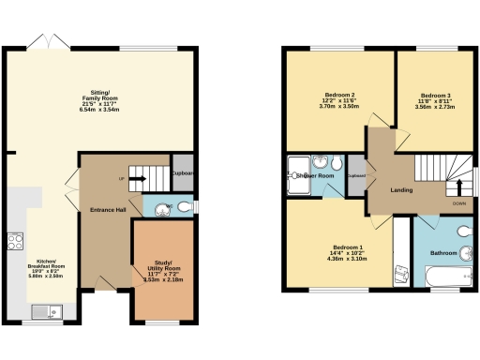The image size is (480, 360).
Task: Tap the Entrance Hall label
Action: [109, 209]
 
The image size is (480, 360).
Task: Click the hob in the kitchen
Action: [16, 241]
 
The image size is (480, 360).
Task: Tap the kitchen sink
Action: [43, 310]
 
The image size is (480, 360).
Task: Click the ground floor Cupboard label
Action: [183, 172]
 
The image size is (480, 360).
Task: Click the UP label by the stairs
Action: [121, 178]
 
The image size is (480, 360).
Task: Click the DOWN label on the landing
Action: [459, 202]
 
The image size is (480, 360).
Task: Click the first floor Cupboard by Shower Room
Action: [357, 175]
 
